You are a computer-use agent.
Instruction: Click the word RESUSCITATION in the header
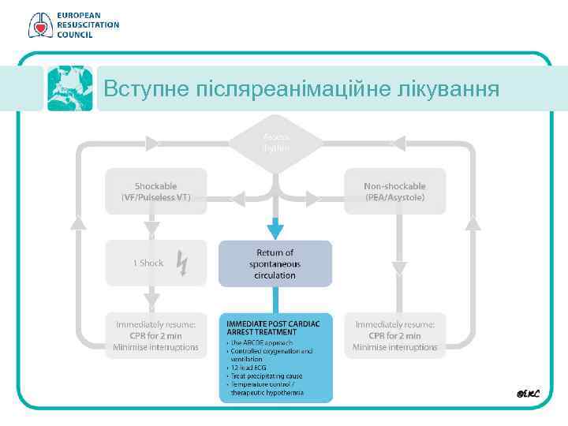point(88,24)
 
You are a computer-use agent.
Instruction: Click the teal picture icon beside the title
point(69,88)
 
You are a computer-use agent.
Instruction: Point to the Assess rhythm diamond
point(276,143)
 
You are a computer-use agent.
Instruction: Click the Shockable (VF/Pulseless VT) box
point(156,191)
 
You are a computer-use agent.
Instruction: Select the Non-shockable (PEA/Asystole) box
point(394,191)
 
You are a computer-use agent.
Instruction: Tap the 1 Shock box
point(156,263)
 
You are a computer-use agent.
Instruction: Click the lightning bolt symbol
point(181,263)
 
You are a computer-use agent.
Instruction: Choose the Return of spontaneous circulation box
point(275,263)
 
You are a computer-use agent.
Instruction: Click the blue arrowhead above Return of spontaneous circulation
point(275,230)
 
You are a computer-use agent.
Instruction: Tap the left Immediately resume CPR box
point(157,335)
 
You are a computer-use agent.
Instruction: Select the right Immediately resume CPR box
point(395,335)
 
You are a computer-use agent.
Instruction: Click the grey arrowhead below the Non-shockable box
point(399,267)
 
